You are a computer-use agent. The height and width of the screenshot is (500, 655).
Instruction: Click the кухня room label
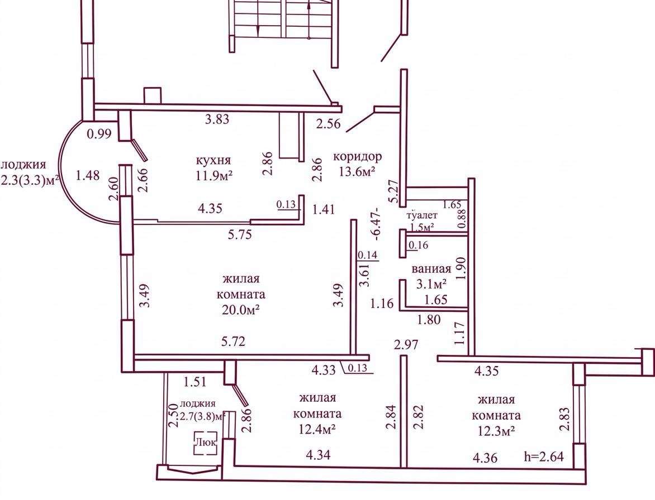(213, 160)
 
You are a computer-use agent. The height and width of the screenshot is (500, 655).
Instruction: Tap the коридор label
(357, 157)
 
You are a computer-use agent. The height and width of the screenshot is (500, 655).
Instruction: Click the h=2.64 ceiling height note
(544, 456)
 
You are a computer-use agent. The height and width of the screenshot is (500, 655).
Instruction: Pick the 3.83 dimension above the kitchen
(217, 119)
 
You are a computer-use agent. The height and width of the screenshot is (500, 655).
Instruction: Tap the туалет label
(423, 215)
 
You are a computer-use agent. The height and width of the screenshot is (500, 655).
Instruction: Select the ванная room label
(431, 269)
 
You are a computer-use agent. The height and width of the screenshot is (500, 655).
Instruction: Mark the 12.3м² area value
(496, 430)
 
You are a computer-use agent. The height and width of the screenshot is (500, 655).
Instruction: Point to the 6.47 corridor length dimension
(377, 224)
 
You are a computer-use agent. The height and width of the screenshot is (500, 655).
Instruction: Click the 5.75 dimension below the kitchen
(240, 235)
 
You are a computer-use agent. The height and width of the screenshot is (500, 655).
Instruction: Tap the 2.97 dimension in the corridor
(406, 345)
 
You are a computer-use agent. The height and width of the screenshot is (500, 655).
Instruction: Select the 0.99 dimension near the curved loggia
(99, 134)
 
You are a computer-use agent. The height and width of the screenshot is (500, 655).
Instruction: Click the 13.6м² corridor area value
(357, 171)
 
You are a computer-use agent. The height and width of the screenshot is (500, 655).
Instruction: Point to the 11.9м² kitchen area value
(214, 175)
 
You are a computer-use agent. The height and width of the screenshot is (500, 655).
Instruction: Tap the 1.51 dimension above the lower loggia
(196, 381)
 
